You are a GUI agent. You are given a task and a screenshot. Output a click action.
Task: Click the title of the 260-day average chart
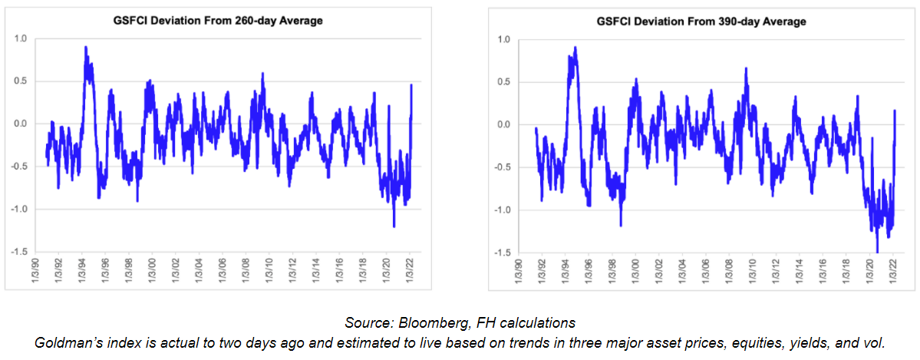(x=218, y=21)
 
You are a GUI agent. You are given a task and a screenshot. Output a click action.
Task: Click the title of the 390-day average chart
(x=702, y=21)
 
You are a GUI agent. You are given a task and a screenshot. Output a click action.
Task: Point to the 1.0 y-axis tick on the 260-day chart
(x=21, y=38)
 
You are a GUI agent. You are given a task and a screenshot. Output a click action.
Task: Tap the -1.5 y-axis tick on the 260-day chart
(x=20, y=251)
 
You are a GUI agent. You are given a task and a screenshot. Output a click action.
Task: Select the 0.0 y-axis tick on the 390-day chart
(x=504, y=124)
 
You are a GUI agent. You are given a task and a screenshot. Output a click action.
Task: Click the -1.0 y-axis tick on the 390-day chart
(x=503, y=210)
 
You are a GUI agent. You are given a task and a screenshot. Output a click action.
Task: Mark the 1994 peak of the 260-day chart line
(x=86, y=47)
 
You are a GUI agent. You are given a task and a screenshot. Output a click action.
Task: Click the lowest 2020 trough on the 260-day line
(x=394, y=226)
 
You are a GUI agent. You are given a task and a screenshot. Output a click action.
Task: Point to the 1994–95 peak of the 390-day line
(x=575, y=47)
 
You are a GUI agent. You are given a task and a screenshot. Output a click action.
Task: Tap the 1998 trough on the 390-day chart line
(x=620, y=225)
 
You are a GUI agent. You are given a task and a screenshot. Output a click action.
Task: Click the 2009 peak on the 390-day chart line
(x=746, y=68)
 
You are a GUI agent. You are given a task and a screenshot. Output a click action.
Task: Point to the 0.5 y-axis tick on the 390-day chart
(x=504, y=81)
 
